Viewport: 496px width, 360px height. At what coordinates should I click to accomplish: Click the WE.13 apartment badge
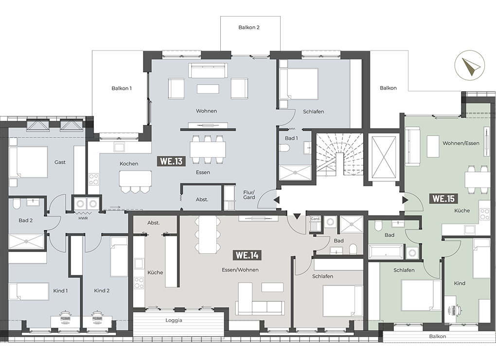(171, 161)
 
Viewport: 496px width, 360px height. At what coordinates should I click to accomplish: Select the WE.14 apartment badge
(247, 255)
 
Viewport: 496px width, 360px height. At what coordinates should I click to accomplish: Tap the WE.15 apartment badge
(443, 199)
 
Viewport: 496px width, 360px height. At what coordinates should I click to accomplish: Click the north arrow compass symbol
(470, 66)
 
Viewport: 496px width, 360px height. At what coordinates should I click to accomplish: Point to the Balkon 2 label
(249, 28)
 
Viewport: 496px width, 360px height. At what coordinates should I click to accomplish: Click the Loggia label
(174, 320)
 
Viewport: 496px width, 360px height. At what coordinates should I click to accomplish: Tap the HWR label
(83, 218)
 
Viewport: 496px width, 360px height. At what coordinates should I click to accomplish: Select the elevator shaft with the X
(384, 157)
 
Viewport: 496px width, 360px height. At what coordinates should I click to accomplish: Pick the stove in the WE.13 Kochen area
(93, 179)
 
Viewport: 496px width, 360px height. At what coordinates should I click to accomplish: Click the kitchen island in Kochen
(135, 178)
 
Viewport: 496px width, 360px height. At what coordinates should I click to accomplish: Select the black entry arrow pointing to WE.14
(297, 216)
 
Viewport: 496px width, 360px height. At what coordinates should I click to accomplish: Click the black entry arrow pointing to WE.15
(405, 200)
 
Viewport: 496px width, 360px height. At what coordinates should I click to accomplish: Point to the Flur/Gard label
(249, 195)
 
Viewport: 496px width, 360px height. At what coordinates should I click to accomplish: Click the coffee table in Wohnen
(208, 88)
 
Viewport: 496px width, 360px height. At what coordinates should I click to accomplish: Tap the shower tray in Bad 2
(26, 241)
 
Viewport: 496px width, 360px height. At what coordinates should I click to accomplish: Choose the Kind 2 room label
(102, 291)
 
